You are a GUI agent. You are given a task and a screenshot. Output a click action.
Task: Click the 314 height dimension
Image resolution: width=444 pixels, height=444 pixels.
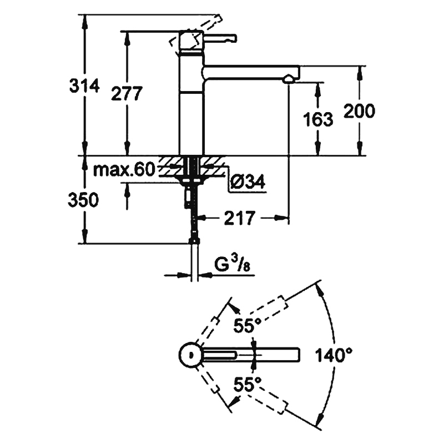pos(84,85)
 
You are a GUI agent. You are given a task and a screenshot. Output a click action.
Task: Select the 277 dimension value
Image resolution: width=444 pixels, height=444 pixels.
pos(127,94)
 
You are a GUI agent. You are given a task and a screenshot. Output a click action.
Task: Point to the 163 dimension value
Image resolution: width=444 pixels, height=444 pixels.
pos(318,119)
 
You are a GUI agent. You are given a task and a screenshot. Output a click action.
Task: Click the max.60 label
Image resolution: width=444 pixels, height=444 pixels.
pos(124,169)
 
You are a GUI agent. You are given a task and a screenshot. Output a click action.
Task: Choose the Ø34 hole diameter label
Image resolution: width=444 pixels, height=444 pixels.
pos(248,181)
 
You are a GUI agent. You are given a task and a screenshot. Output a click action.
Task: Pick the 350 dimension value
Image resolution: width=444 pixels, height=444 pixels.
pos(83,200)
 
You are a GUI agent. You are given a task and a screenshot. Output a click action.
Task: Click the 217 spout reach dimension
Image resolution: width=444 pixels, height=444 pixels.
pos(240,218)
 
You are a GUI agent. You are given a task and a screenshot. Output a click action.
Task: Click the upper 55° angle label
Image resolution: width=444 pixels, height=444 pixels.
pos(247,325)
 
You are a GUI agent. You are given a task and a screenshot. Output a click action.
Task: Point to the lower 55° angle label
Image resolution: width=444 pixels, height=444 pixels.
pos(247,384)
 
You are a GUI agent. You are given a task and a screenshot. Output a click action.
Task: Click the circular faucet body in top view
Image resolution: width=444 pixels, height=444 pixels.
pos(190,355)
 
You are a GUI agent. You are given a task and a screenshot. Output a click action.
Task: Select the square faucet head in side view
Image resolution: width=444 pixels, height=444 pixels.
pos(191,41)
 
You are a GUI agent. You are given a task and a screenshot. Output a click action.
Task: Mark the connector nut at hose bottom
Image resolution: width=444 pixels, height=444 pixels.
pos(194,240)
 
